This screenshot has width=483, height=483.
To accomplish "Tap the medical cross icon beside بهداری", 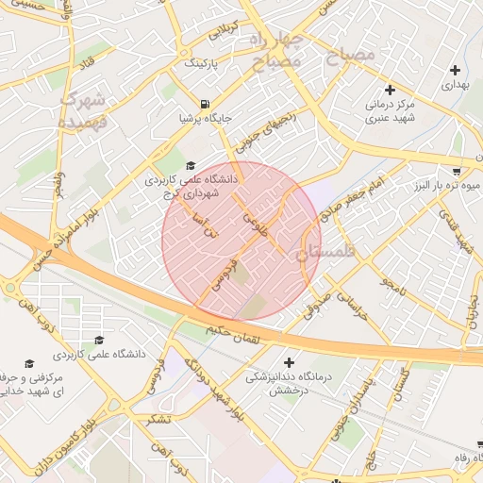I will pyautogui.click(x=457, y=70).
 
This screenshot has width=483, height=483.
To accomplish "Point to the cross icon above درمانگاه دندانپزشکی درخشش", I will pyautogui.click(x=289, y=362).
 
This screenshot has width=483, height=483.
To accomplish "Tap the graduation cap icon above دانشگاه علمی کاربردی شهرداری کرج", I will pyautogui.click(x=191, y=166).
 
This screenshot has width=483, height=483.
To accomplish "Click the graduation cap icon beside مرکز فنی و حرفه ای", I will pyautogui.click(x=29, y=364).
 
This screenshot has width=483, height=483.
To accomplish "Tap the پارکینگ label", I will pyautogui.click(x=199, y=63).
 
